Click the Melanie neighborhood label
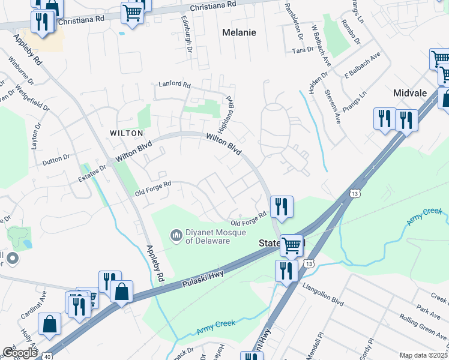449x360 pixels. tap(239, 32)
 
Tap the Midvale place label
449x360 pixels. tap(409, 93)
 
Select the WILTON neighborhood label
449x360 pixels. tap(126, 133)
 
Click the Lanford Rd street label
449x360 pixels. tap(174, 85)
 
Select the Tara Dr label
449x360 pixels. tap(303, 50)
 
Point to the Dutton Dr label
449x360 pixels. tap(56, 159)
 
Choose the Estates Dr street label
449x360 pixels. tap(92, 173)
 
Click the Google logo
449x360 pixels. tap(20, 352)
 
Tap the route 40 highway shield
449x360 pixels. tap(47, 356)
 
